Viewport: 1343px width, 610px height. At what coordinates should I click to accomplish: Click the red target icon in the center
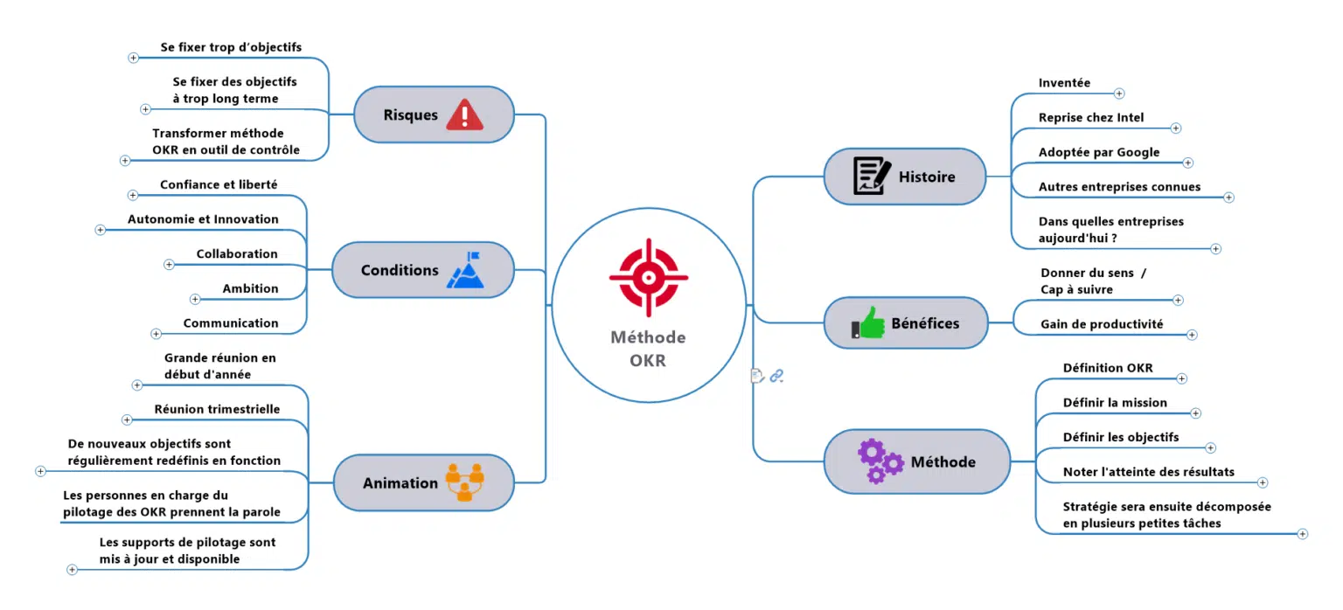648,277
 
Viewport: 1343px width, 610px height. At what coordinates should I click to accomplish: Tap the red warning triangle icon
464,114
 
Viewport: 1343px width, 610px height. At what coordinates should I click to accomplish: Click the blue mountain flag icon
464,270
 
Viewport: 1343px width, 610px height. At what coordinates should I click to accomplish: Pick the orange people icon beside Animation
464,482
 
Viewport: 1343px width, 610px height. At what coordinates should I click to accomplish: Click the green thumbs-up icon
868,323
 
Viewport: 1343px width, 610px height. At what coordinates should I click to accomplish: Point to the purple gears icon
880,461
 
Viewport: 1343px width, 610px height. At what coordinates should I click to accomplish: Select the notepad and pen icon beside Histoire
872,176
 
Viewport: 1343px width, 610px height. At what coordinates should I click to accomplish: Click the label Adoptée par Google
1098,152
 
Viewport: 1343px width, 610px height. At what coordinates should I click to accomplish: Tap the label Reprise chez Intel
1090,117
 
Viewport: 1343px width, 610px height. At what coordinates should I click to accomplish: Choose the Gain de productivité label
1101,324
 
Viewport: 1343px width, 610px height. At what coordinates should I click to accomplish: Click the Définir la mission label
1114,403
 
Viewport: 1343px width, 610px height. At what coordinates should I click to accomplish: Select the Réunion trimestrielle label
217,409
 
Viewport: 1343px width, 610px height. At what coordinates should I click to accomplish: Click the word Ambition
250,288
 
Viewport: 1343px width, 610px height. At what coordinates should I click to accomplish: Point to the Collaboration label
236,254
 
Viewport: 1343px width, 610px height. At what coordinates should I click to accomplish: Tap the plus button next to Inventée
1119,94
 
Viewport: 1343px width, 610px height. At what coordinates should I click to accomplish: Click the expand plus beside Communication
157,334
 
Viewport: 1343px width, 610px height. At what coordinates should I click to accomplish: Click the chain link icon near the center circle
776,376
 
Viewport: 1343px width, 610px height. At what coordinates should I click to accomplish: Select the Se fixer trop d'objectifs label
231,47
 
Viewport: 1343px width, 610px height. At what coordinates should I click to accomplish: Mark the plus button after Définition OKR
1181,379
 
